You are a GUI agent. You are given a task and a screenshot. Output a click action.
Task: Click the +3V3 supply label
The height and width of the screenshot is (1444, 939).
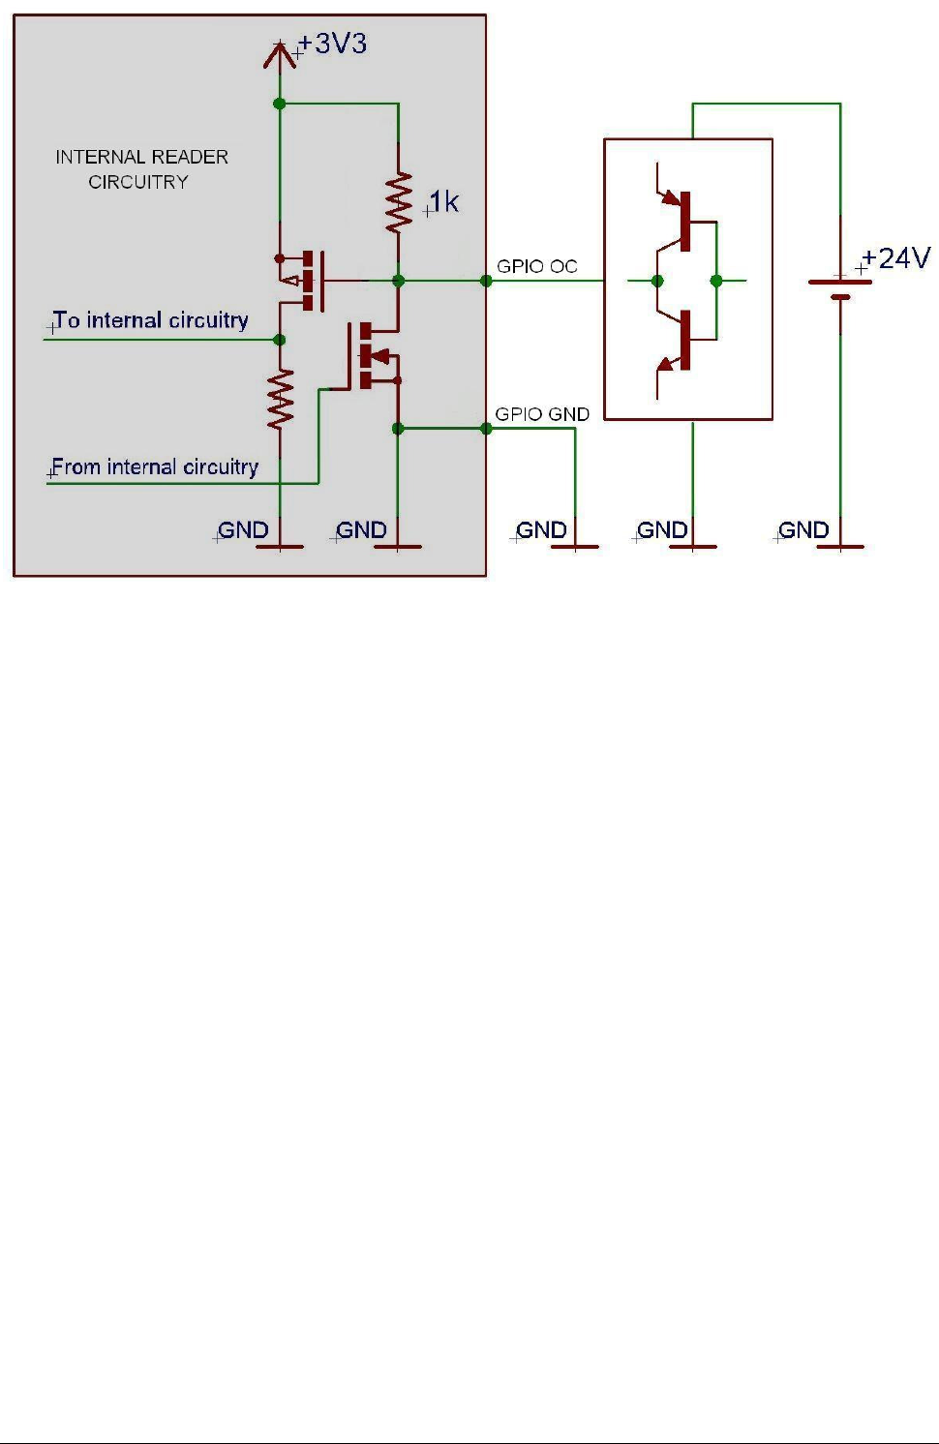click(x=332, y=45)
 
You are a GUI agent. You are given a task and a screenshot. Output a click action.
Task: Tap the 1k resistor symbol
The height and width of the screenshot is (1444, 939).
click(x=399, y=203)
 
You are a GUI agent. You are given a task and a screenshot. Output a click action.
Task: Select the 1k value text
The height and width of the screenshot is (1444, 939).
click(x=443, y=202)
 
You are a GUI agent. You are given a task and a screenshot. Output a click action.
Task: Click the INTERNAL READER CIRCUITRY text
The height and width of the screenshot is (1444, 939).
click(x=141, y=169)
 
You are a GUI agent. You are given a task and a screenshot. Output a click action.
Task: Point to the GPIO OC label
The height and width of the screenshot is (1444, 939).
click(x=536, y=266)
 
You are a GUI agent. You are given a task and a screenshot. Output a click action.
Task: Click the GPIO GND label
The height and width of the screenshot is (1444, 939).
click(x=542, y=414)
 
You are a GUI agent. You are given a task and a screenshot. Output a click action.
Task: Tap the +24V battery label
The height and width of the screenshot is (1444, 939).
click(x=895, y=258)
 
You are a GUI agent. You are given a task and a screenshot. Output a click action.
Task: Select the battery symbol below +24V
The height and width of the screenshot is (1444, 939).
click(x=840, y=289)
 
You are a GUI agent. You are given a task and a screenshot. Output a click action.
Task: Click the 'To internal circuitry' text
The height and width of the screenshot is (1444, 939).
click(x=151, y=320)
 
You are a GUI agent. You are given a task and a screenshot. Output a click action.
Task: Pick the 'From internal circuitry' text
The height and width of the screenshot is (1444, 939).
click(x=155, y=467)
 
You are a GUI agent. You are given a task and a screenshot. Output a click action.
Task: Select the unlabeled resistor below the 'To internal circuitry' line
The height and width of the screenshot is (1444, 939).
click(x=280, y=399)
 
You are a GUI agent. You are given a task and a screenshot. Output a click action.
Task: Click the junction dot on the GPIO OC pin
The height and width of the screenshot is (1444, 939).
click(x=486, y=281)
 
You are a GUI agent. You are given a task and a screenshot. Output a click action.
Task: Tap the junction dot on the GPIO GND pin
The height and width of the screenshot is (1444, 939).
click(x=486, y=428)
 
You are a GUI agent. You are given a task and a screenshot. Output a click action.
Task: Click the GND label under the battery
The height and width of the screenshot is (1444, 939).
click(x=803, y=530)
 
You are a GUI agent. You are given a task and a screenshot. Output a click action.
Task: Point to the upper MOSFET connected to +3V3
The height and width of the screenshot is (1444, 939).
click(x=305, y=281)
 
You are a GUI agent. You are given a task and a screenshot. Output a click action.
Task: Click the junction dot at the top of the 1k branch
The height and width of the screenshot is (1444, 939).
click(x=280, y=104)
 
